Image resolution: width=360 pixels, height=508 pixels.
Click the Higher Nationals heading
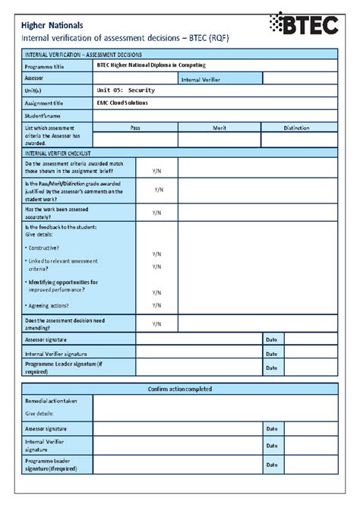[x=51, y=24]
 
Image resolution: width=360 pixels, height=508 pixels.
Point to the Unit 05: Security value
[x=125, y=90]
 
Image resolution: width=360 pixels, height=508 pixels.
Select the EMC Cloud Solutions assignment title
[x=122, y=103]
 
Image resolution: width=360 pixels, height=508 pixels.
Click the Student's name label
[x=44, y=115]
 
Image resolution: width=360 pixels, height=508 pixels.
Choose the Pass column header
[x=135, y=128]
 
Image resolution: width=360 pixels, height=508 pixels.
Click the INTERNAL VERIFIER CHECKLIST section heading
[x=62, y=153]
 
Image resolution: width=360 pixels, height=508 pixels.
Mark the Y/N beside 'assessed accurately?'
[x=156, y=213]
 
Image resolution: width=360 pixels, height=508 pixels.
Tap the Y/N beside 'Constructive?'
[x=156, y=254]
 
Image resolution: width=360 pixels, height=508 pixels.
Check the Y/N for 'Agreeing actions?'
[x=156, y=305]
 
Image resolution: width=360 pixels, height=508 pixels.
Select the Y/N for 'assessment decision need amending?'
[x=156, y=323]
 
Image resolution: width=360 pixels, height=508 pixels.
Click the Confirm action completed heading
[x=180, y=389]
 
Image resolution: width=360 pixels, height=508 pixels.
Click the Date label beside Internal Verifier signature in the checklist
[x=271, y=353]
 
